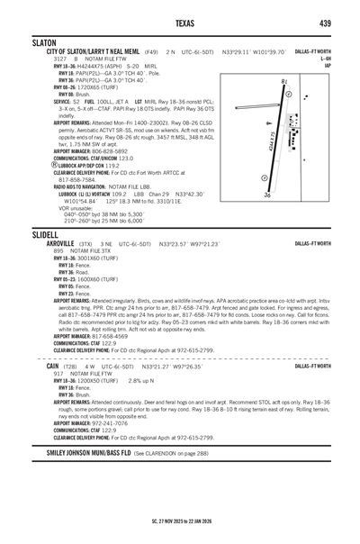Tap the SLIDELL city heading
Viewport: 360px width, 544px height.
pyautogui.click(x=45, y=233)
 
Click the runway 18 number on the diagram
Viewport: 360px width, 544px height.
pyautogui.click(x=283, y=82)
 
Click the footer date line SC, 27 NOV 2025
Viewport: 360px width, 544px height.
pyautogui.click(x=180, y=520)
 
